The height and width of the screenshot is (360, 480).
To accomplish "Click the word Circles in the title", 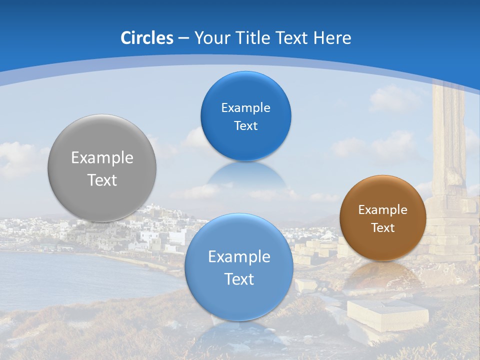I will click(147, 38).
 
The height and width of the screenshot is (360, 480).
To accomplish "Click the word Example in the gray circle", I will click(102, 158).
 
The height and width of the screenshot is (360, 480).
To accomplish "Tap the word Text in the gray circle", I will click(102, 180).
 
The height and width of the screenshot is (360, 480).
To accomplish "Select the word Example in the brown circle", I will click(383, 210).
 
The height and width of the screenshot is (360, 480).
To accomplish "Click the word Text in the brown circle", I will click(383, 228).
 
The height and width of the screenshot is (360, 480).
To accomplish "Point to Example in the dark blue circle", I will click(245, 108).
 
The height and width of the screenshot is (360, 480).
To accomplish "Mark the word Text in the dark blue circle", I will click(245, 126).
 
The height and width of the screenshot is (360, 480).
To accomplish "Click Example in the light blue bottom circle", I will click(239, 257).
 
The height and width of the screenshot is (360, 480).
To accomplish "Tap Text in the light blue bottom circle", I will click(239, 279).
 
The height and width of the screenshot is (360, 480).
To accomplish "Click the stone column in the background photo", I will click(448, 145).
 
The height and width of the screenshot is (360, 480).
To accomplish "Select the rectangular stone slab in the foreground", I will click(387, 314).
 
